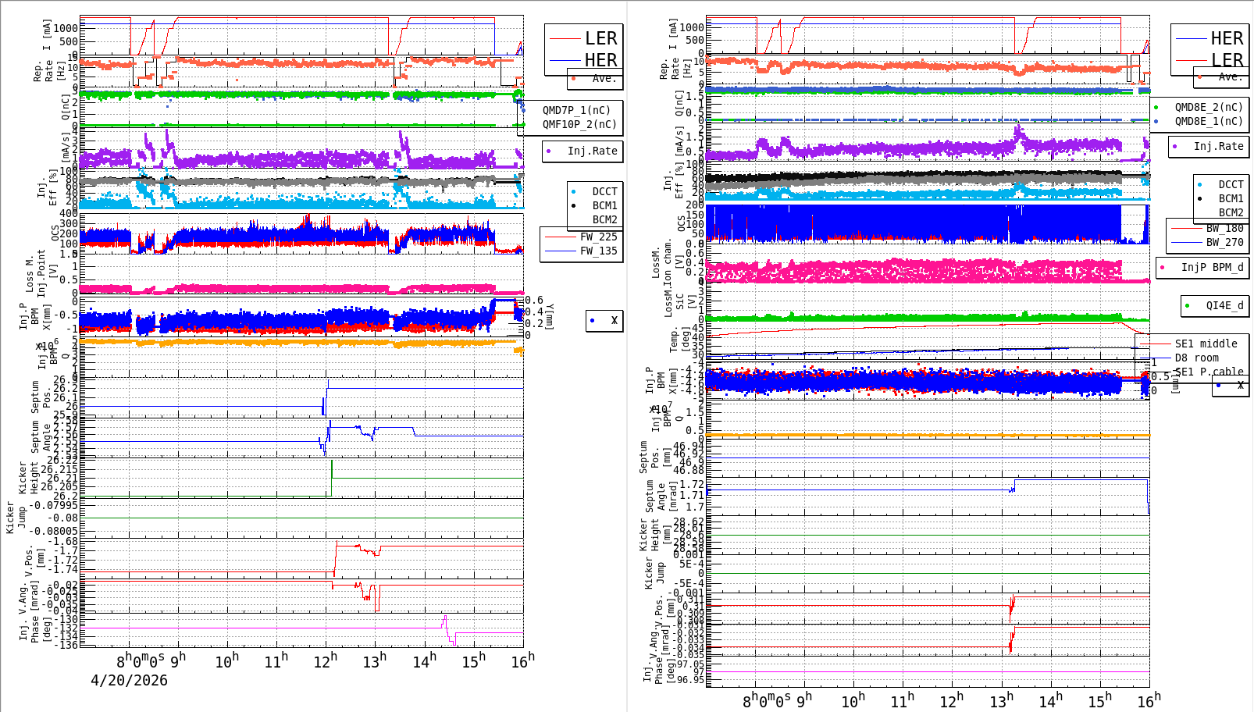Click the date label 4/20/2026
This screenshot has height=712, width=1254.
click(x=129, y=680)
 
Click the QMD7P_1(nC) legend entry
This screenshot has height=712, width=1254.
click(x=576, y=110)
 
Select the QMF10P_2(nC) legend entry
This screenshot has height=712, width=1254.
click(x=579, y=124)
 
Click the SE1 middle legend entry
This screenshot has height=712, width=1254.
click(x=1206, y=344)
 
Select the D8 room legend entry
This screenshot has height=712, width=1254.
click(x=1196, y=358)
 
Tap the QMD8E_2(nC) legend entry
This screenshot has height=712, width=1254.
click(x=1209, y=107)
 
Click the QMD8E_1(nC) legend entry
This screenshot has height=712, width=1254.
click(x=1209, y=121)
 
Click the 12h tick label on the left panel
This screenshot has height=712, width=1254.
click(x=325, y=660)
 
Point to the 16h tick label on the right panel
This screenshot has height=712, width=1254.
click(x=1149, y=700)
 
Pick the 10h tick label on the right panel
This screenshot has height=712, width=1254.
click(x=853, y=700)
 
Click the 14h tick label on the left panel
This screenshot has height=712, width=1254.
click(x=424, y=660)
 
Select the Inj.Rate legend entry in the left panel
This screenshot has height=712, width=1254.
click(x=592, y=151)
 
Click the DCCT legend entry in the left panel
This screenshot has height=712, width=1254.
click(x=604, y=191)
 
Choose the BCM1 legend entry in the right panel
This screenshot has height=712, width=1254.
click(x=1231, y=198)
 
